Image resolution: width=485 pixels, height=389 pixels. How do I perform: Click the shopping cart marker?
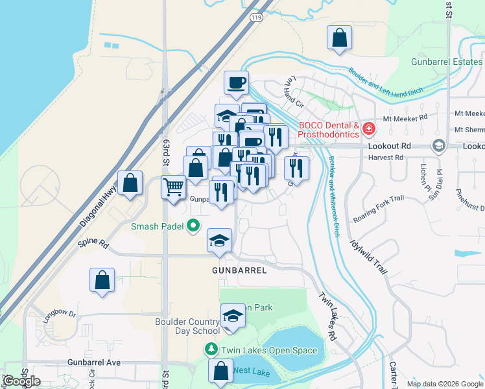(x=173, y=187)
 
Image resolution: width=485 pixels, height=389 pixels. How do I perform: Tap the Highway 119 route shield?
(x=257, y=18)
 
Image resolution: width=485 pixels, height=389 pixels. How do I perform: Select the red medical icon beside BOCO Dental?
(x=368, y=129)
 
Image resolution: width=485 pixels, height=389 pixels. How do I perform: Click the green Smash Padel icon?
(x=193, y=226)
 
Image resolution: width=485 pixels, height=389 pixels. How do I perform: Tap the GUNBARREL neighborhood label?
(x=239, y=270)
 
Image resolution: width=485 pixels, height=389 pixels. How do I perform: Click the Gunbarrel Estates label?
(x=447, y=62)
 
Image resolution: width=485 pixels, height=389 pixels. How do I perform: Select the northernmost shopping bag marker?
(x=340, y=38)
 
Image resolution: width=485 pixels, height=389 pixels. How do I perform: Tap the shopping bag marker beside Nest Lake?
(x=220, y=371)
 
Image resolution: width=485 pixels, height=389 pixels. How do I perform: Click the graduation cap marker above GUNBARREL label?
(x=220, y=241)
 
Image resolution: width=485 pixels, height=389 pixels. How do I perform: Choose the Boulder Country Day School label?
(x=187, y=326)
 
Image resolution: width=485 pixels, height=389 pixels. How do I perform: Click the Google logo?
(x=22, y=381)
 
